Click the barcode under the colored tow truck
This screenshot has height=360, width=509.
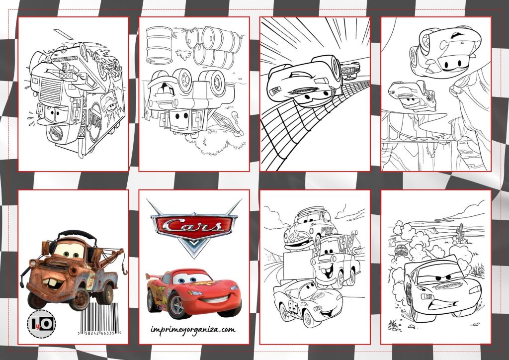click(101, 318)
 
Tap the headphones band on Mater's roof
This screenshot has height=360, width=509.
click(73, 233)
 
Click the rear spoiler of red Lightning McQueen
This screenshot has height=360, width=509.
click(155, 276)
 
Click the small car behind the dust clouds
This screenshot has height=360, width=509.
click(400, 249)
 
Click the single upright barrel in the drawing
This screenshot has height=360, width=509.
click(160, 45)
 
